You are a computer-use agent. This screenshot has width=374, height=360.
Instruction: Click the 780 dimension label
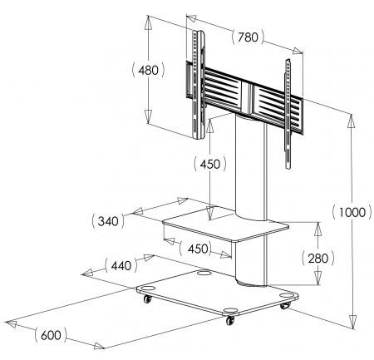248,37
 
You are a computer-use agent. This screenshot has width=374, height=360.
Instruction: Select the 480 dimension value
149,70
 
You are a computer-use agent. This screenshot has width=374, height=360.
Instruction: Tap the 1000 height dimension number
352,213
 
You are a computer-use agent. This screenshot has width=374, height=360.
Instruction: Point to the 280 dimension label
318,259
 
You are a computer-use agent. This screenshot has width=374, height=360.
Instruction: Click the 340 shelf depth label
108,221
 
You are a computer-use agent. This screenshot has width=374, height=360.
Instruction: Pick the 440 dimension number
121,265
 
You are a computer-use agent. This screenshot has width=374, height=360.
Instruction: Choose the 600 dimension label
51,335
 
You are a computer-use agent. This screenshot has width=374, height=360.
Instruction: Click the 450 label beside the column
210,165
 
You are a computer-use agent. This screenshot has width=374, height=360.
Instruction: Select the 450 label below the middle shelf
198,249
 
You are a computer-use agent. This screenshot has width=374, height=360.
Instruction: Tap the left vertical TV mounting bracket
199,85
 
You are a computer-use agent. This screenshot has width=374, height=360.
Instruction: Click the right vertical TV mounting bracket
288,114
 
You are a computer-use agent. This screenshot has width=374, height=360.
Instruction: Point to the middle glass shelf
225,226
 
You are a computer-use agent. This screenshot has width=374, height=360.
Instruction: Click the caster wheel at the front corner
230,320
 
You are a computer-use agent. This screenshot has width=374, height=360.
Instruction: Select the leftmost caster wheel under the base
147,298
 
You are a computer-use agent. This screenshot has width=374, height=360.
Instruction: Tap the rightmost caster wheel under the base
285,305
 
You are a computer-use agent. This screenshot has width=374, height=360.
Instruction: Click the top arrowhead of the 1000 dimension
352,121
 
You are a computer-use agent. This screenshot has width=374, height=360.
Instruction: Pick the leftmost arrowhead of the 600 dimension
12,323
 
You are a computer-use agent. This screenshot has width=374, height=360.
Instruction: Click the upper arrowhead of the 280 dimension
318,229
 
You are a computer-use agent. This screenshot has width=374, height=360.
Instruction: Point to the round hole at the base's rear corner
204,273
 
